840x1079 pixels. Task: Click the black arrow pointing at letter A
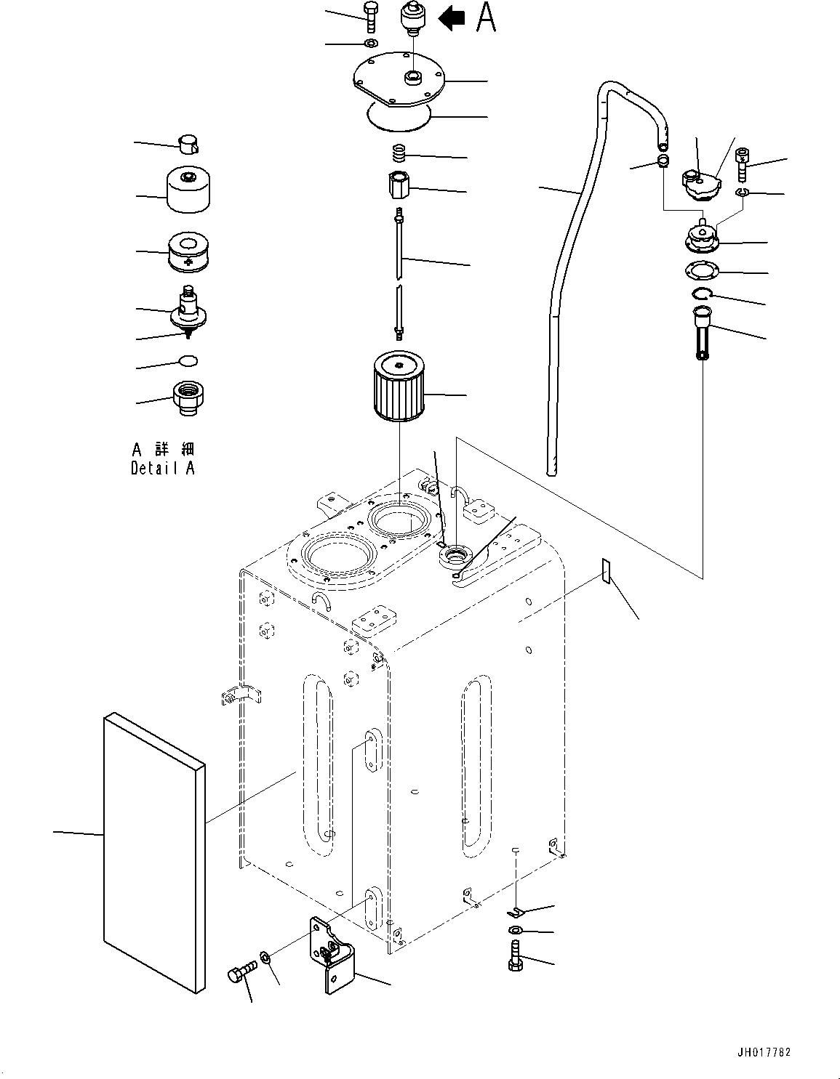(453, 18)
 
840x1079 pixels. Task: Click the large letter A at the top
(486, 17)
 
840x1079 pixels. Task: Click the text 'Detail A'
(162, 469)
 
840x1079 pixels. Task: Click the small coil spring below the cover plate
(399, 154)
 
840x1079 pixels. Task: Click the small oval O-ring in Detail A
(188, 360)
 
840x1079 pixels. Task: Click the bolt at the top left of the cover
(370, 16)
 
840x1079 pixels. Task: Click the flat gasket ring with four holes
(702, 271)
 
